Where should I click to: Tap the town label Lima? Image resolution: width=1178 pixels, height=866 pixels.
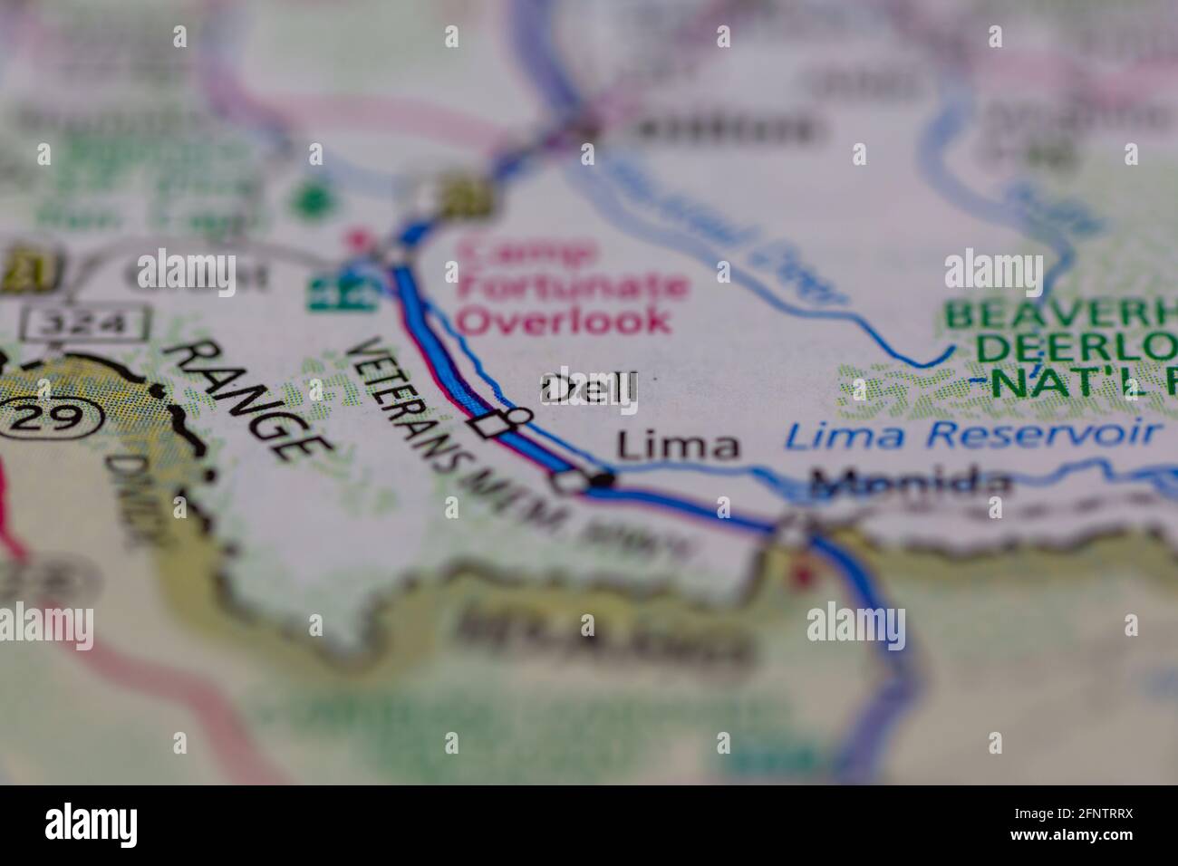(678, 446)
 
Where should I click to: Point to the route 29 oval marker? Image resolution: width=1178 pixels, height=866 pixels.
(51, 417)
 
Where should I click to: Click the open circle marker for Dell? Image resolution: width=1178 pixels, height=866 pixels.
(519, 416)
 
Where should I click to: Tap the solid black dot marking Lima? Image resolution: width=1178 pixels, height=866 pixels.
(603, 480)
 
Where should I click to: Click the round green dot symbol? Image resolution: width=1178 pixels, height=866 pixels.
(315, 197)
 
